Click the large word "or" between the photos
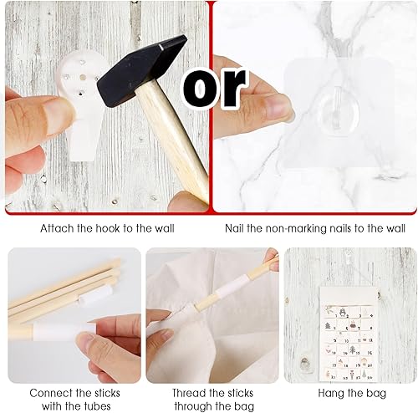pyautogui.click(x=214, y=88)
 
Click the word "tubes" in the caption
pyautogui.click(x=94, y=405)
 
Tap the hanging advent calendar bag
pyautogui.click(x=348, y=334)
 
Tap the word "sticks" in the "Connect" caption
pyautogui.click(x=107, y=393)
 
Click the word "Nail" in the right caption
pyautogui.click(x=234, y=228)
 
